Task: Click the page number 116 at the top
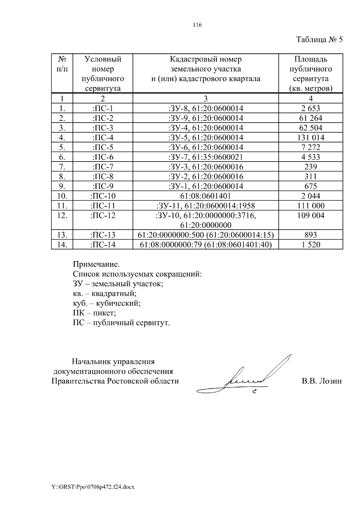(x=197, y=25)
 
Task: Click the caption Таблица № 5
(x=319, y=40)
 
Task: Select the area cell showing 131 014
(x=310, y=138)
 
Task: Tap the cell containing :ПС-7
(x=103, y=167)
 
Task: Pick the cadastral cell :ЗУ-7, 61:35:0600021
(x=205, y=157)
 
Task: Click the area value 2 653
(x=310, y=109)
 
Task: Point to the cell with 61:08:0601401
(x=205, y=196)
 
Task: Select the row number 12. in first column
(x=62, y=215)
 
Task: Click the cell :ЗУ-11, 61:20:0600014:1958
(x=205, y=206)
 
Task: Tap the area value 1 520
(x=310, y=245)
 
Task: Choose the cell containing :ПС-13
(x=103, y=235)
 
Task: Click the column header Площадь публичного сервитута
(x=310, y=74)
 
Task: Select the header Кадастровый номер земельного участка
(x=205, y=69)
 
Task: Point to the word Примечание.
(x=96, y=264)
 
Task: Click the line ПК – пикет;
(x=94, y=313)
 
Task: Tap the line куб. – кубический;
(x=106, y=303)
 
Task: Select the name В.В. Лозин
(x=322, y=381)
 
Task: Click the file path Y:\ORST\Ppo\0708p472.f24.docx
(x=93, y=487)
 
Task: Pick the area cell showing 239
(x=310, y=167)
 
